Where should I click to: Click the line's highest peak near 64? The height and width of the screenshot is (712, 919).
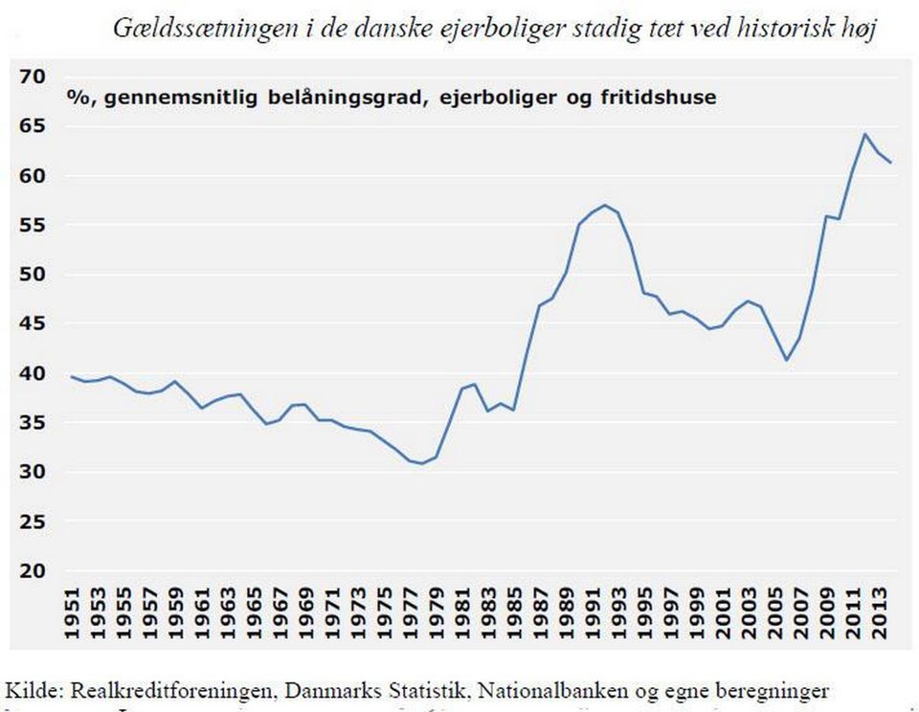point(864,135)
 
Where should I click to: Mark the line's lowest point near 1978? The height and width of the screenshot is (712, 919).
point(422,463)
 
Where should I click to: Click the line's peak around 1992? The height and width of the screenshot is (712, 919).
point(605,205)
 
